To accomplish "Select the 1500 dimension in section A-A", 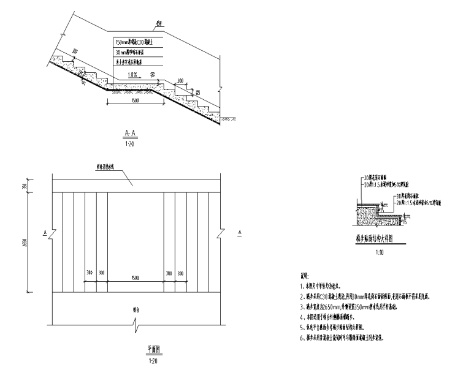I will pyautogui.click(x=126, y=102).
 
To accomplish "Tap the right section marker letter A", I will pyautogui.click(x=240, y=232).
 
